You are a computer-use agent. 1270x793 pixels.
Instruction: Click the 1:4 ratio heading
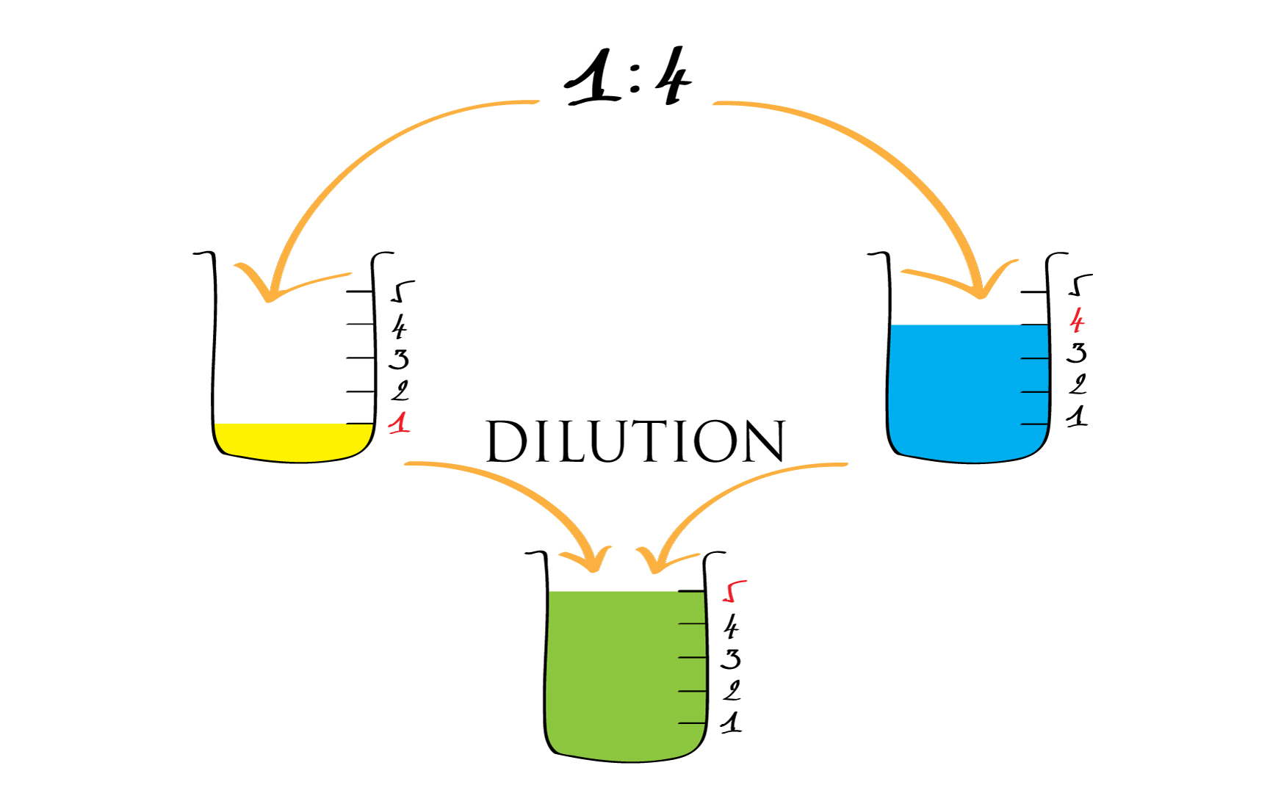[x=628, y=78]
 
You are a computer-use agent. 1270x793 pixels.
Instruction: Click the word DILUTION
[x=635, y=442]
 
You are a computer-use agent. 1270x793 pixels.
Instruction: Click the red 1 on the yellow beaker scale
[x=400, y=424]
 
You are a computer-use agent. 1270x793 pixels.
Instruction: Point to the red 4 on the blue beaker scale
[x=1077, y=321]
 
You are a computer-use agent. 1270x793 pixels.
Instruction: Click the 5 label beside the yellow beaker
[x=401, y=291]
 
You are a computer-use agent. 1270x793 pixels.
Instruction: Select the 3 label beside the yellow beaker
[x=399, y=359]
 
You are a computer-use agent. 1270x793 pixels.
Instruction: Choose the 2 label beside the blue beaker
[x=1078, y=385]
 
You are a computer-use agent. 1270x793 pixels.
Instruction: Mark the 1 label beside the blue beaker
[x=1077, y=417]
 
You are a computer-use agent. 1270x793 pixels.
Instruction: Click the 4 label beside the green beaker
[x=731, y=627]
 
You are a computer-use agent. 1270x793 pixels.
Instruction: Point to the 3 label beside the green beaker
[x=730, y=659]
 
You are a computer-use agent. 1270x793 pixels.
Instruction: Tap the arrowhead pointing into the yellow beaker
[x=270, y=290]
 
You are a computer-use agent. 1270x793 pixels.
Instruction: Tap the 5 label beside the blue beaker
[x=1079, y=285]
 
